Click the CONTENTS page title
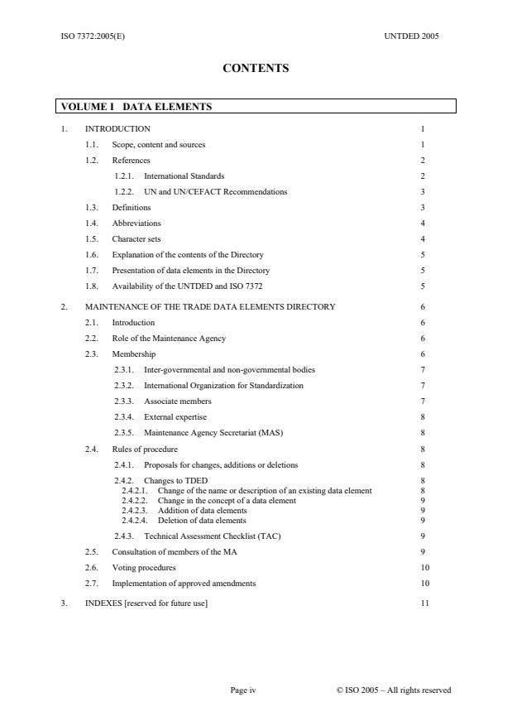pyautogui.click(x=256, y=69)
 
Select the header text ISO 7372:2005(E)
pyautogui.click(x=93, y=36)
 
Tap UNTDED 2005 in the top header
pyautogui.click(x=412, y=36)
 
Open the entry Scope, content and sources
pyautogui.click(x=159, y=144)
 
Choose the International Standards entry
pyautogui.click(x=184, y=175)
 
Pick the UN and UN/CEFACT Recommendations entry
pyautogui.click(x=215, y=191)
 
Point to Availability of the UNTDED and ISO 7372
pyautogui.click(x=187, y=286)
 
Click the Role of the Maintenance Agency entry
pyautogui.click(x=169, y=338)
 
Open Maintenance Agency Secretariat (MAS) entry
pyautogui.click(x=213, y=432)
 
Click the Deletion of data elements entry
pyautogui.click(x=202, y=521)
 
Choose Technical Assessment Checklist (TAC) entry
pyautogui.click(x=212, y=536)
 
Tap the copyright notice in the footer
pyautogui.click(x=394, y=690)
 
